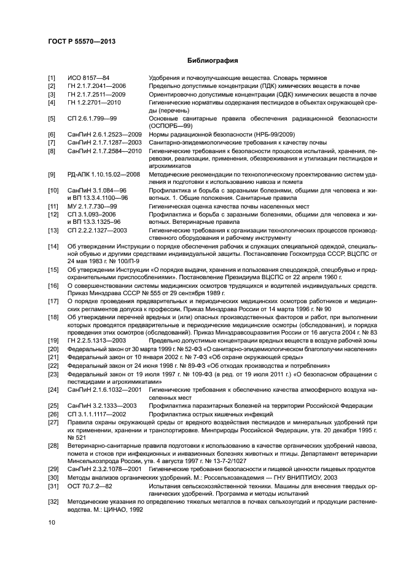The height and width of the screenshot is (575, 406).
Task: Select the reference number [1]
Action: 52,78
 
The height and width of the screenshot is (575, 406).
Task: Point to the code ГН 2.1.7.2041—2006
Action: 96,86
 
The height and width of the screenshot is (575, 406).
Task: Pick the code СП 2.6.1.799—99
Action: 92,118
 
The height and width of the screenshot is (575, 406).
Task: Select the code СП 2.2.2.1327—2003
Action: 97,230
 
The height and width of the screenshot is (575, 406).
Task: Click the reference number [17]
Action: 53,302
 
